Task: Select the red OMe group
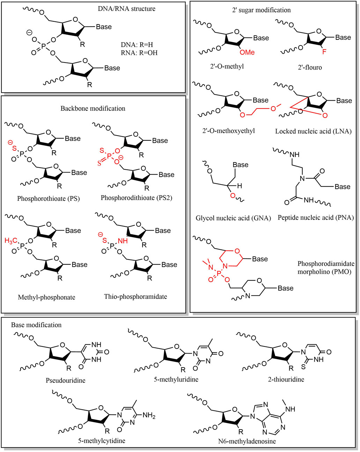click(247, 52)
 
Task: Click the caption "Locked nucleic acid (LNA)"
click(313, 131)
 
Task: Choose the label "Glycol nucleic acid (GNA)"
click(233, 218)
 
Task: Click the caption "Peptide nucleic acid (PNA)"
click(316, 218)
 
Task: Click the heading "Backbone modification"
click(93, 108)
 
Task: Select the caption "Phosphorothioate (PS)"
click(49, 199)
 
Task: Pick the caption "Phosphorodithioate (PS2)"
click(137, 198)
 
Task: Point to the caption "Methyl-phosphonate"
click(46, 298)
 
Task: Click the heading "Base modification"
click(36, 325)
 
